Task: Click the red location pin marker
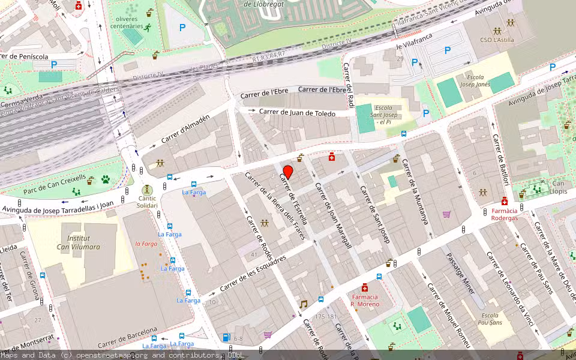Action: (288, 172)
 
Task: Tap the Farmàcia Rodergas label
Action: (504, 214)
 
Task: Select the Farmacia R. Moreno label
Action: (365, 301)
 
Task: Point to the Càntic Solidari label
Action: (147, 202)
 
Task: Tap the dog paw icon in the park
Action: (106, 179)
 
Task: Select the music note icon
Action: (303, 304)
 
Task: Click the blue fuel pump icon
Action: (226, 338)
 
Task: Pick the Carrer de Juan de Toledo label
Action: (297, 112)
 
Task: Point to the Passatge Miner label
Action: (460, 273)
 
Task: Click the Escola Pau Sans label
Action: (490, 319)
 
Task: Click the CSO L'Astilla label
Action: (497, 40)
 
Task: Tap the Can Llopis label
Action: (558, 187)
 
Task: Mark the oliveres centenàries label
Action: (127, 22)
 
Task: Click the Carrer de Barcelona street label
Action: (127, 336)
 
